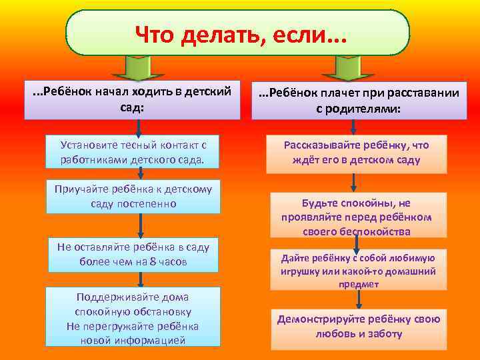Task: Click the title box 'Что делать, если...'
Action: click(x=237, y=32)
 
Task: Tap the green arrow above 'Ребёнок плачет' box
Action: click(x=347, y=65)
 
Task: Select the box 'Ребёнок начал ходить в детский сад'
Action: click(x=132, y=100)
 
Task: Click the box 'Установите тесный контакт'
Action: click(x=132, y=152)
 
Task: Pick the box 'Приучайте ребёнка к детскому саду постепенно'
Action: click(x=133, y=196)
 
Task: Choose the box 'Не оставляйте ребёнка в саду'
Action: click(x=133, y=255)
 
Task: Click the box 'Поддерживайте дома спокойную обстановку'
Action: click(x=133, y=317)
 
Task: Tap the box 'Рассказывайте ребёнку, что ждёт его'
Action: click(x=356, y=153)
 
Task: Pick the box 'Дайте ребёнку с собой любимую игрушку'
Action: click(x=358, y=269)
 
